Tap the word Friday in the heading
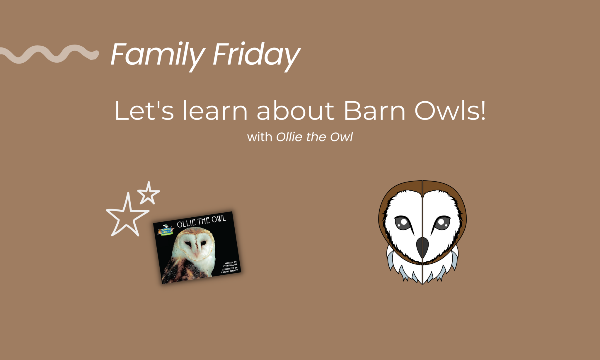[x=256, y=54]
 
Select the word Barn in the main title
[x=374, y=111]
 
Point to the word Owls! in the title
[x=450, y=111]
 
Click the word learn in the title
[x=215, y=111]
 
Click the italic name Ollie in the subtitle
[x=289, y=137]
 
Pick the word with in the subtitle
[x=260, y=137]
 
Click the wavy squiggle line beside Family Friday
[x=48, y=54]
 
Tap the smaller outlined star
[x=149, y=193]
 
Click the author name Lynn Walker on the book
[x=230, y=265]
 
